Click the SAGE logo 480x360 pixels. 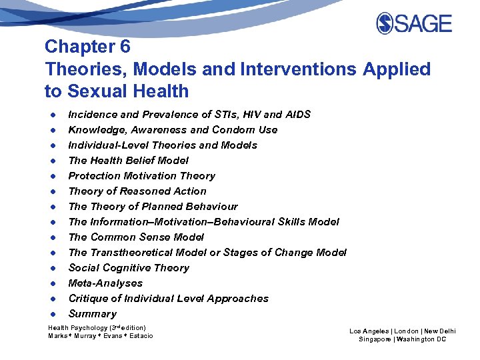click(414, 23)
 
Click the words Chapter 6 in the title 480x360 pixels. click(87, 47)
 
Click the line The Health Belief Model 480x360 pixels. click(128, 161)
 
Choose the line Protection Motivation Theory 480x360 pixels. click(141, 176)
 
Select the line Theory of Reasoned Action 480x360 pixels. click(137, 191)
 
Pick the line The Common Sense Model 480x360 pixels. click(136, 237)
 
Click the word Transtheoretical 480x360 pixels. click(131, 253)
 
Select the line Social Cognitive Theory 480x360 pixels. click(129, 268)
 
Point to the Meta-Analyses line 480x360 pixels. click(105, 283)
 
